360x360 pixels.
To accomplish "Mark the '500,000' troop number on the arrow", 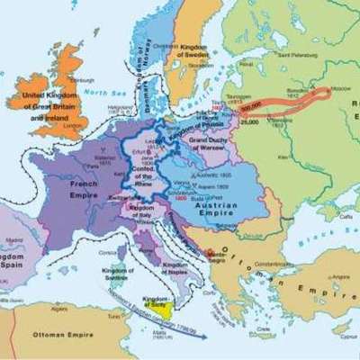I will point(251,103).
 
